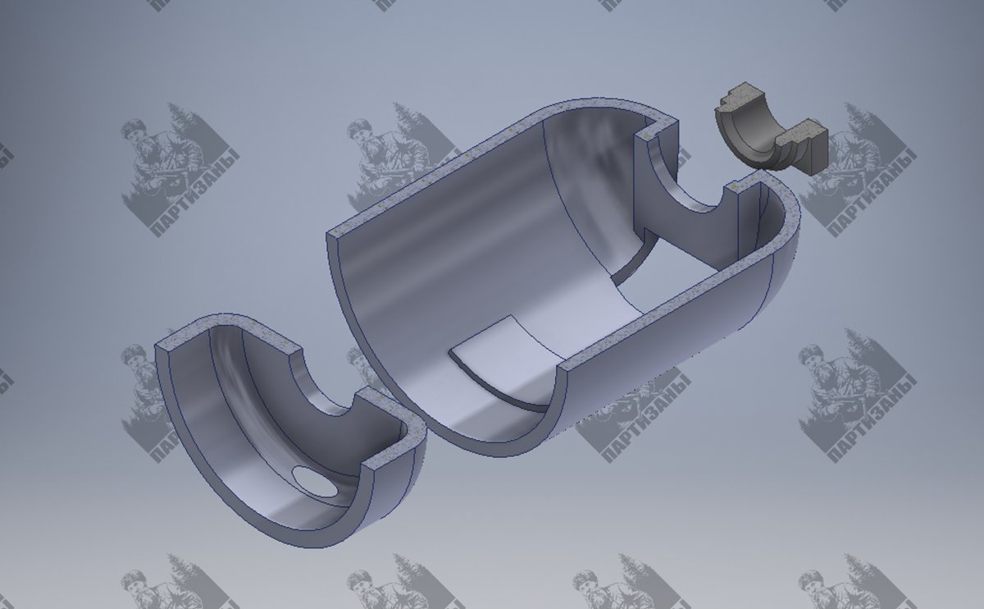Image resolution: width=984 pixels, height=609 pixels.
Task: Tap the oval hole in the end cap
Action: [x=315, y=482]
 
